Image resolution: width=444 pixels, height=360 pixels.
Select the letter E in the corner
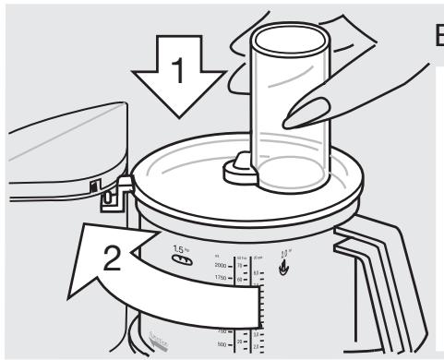[x=435, y=38]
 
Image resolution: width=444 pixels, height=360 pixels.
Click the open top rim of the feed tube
[x=291, y=39]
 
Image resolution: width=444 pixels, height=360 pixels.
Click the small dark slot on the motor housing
[x=94, y=186]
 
